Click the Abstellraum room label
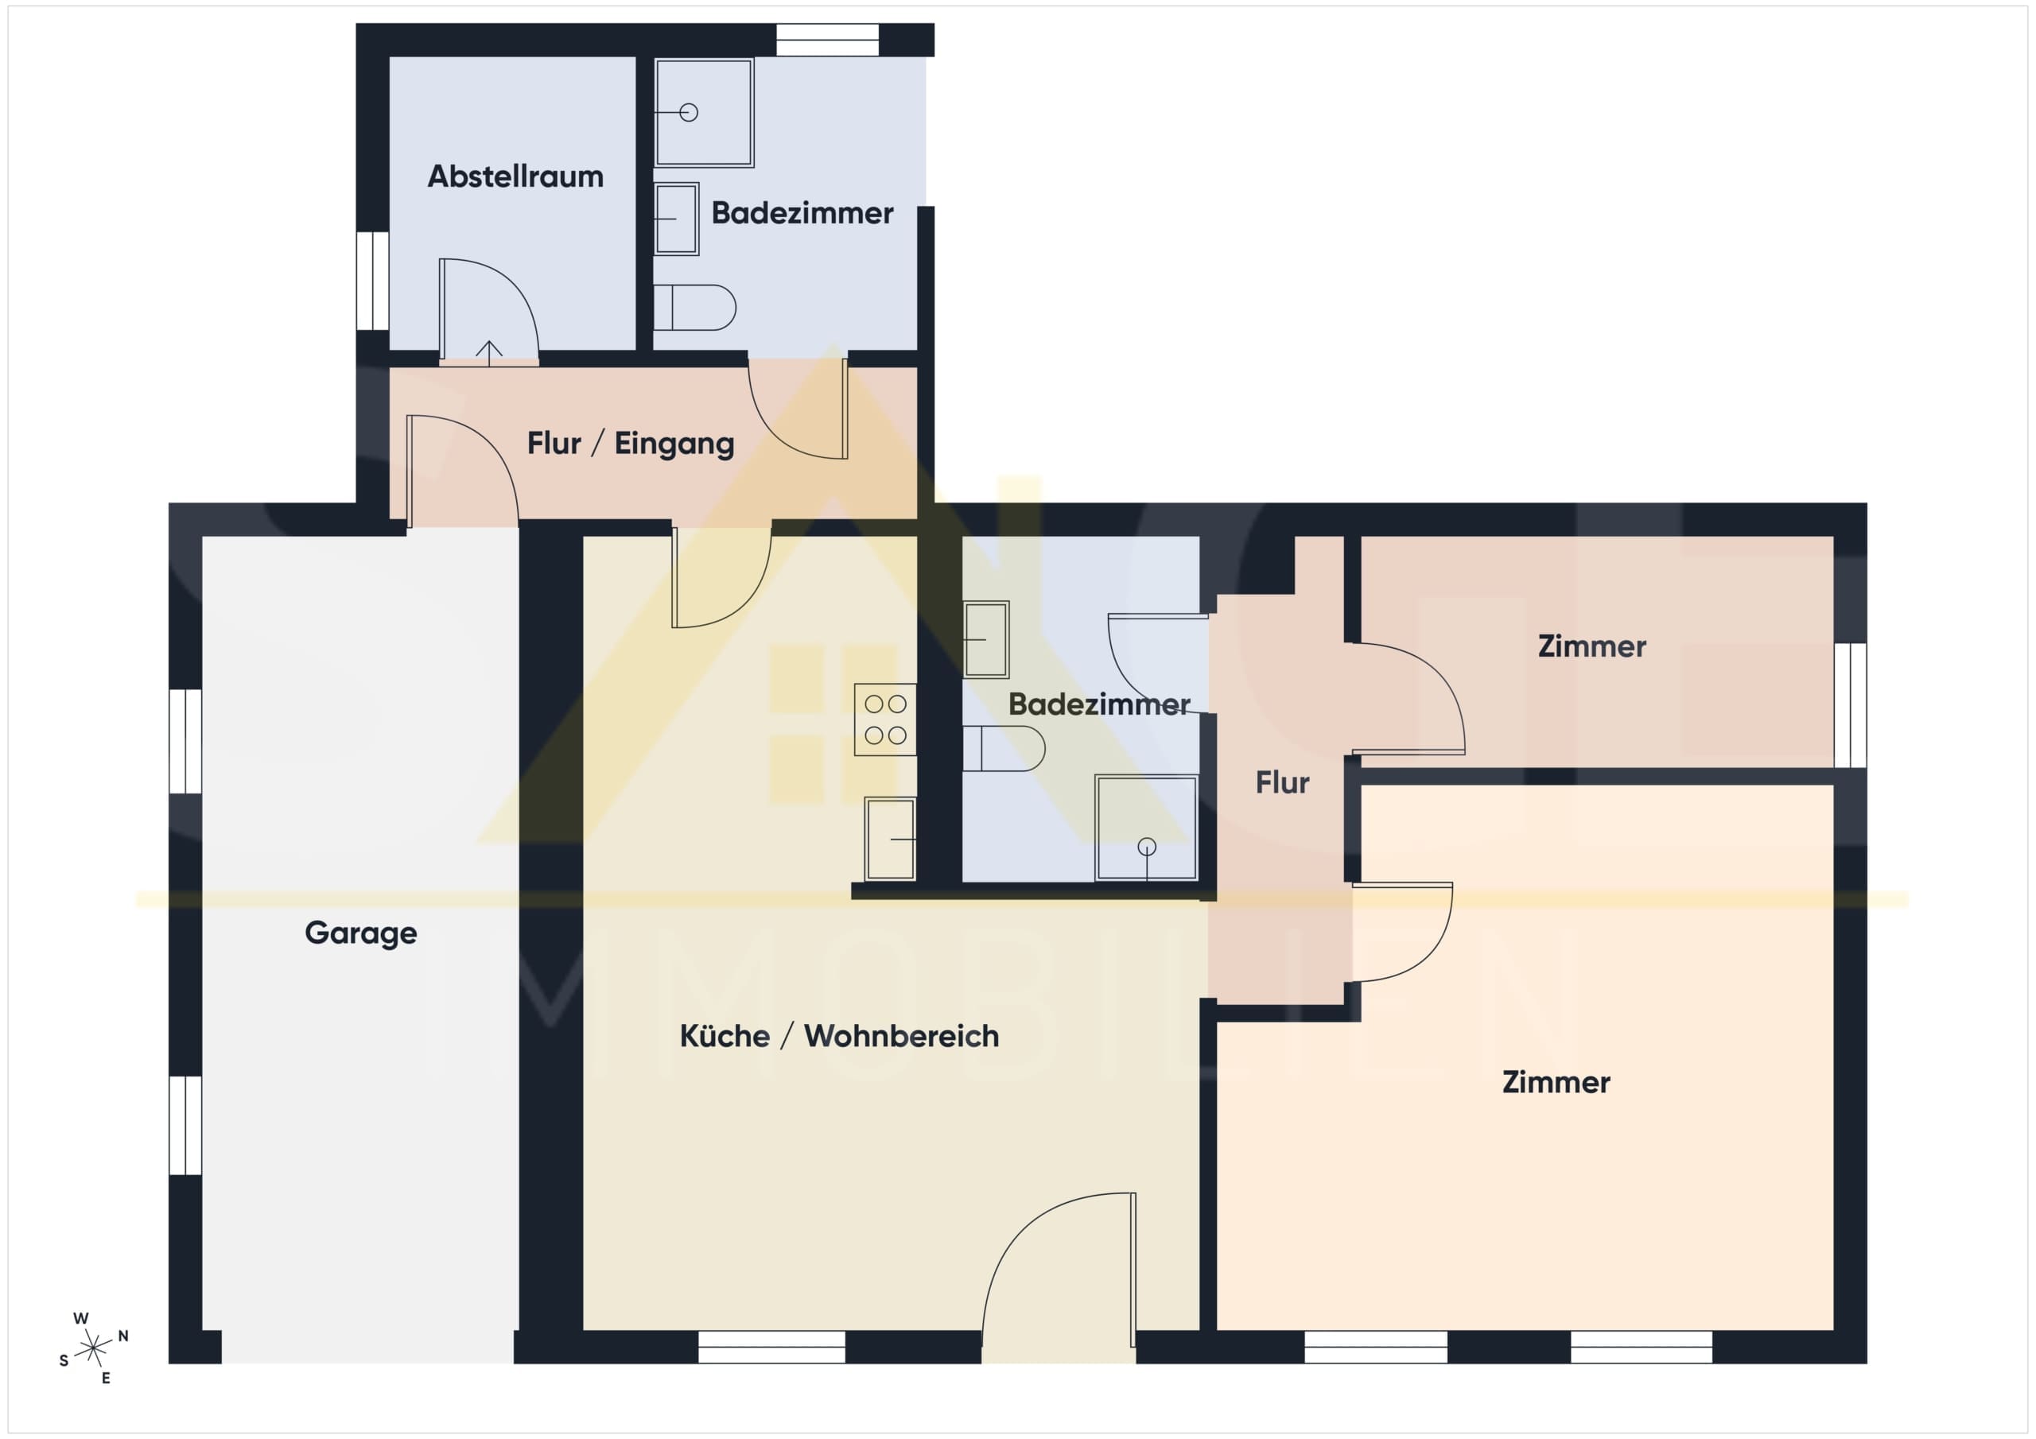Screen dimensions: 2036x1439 515,176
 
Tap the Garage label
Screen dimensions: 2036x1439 361,933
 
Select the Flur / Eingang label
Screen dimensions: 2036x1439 631,444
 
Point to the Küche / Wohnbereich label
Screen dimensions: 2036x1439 839,1036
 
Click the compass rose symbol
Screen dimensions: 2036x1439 93,1348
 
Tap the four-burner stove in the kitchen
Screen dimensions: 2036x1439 885,719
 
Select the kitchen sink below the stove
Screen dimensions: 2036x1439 890,839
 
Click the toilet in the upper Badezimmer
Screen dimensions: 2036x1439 694,308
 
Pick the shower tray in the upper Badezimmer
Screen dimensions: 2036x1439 704,113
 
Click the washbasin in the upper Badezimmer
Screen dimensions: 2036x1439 677,219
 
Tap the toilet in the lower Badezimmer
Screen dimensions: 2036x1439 1004,748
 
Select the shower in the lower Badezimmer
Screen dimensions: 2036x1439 1147,828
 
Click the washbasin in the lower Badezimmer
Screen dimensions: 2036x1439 986,639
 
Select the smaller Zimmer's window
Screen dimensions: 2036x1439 1850,705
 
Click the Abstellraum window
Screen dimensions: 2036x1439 372,281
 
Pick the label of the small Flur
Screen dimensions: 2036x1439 1282,782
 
